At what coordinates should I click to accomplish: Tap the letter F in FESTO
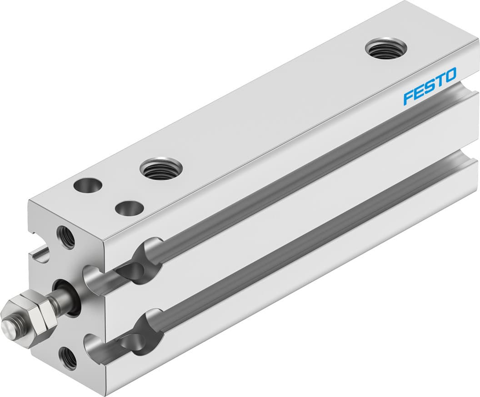click(408, 97)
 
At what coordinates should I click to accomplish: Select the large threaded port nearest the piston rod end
click(161, 168)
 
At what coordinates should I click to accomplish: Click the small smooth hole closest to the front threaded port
click(129, 209)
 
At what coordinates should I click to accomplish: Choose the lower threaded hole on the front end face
click(68, 357)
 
